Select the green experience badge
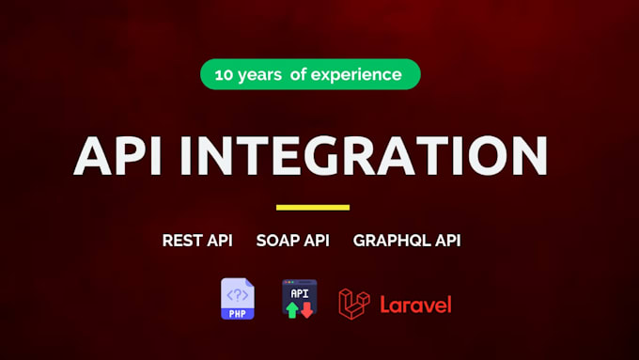(310, 74)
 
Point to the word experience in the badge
(360, 74)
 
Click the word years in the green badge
(261, 74)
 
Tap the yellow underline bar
(313, 207)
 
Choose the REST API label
(197, 241)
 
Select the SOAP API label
(292, 241)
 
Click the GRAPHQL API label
(407, 241)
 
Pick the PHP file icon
(237, 299)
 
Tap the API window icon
(299, 299)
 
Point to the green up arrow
(292, 310)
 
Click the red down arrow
(306, 310)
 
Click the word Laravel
(415, 305)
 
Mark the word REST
(182, 241)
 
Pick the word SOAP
(277, 241)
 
